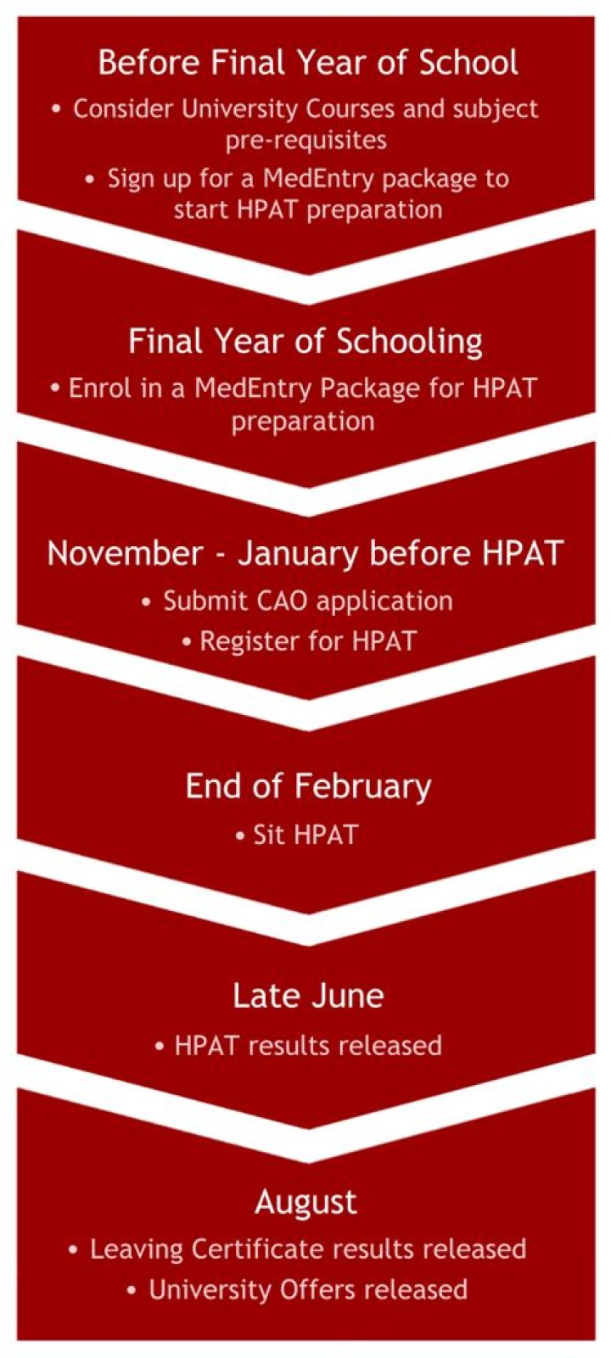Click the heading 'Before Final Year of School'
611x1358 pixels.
tap(307, 63)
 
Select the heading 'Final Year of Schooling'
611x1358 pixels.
tap(305, 341)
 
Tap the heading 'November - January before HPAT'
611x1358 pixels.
tap(305, 553)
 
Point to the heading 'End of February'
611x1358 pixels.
tap(308, 786)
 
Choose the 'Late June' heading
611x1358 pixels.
tap(308, 995)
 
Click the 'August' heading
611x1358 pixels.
tap(306, 1202)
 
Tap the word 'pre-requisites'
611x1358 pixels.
tap(306, 139)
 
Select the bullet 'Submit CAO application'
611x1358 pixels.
tap(307, 601)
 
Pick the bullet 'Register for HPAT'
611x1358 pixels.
tap(307, 640)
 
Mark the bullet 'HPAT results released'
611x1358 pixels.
tap(307, 1044)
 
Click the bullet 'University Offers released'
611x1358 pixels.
tap(307, 1289)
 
